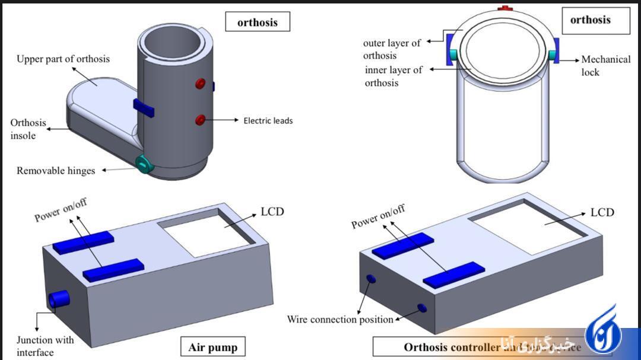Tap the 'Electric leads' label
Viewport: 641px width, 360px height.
click(x=268, y=120)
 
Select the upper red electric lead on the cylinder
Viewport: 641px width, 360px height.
click(x=201, y=84)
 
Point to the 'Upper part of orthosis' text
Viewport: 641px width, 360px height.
click(x=63, y=59)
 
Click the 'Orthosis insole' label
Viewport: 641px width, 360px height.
click(x=28, y=129)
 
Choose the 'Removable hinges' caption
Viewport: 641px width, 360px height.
click(x=56, y=171)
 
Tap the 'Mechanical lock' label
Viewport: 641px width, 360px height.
click(x=605, y=66)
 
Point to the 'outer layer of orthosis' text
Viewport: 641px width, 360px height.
click(x=391, y=49)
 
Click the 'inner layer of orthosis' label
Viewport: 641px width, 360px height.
click(x=394, y=76)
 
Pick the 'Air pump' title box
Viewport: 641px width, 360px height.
click(x=212, y=347)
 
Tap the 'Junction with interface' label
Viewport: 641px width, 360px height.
click(x=45, y=346)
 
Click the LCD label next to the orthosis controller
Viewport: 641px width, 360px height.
click(x=602, y=212)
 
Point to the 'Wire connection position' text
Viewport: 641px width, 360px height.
click(x=340, y=320)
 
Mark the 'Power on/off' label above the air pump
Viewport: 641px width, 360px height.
click(x=61, y=209)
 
